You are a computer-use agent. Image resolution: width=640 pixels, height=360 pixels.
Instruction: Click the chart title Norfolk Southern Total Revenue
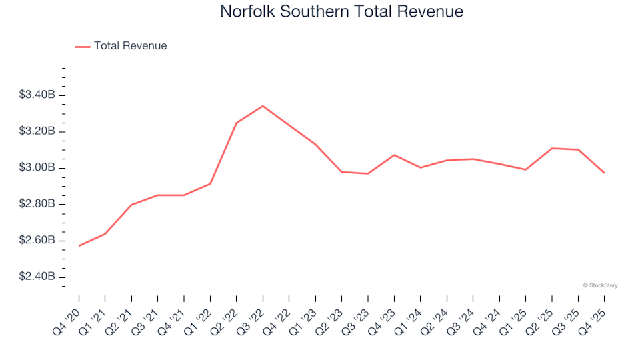[x=341, y=12]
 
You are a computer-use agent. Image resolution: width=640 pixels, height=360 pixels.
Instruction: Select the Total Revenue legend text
[x=130, y=46]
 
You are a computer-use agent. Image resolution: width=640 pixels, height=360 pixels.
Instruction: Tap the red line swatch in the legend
[x=83, y=47]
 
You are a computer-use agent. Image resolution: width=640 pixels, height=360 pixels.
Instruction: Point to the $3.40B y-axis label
[x=38, y=95]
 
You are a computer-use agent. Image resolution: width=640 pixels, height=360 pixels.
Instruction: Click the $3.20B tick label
[x=38, y=131]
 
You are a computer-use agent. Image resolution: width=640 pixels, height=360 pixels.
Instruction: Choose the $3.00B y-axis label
[x=38, y=168]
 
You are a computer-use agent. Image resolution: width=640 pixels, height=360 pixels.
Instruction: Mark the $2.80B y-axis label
[x=38, y=204]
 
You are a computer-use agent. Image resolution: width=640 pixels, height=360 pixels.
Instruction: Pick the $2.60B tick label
[x=38, y=241]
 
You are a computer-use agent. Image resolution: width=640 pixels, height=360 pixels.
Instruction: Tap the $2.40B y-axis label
[x=38, y=277]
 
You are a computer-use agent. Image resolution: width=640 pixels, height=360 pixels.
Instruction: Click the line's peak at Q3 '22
[x=263, y=106]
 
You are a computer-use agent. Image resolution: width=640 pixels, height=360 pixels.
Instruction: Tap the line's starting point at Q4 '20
[x=79, y=246]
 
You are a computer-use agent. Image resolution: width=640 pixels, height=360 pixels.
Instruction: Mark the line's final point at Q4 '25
[x=605, y=173]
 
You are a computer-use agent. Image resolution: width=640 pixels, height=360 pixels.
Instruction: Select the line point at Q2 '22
[x=237, y=123]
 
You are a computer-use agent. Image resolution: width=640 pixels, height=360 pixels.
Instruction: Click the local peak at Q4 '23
[x=395, y=155]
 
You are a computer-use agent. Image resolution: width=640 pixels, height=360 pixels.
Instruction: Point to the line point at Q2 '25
[x=552, y=148]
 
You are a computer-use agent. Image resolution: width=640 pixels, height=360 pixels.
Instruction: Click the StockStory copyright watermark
[x=600, y=285]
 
